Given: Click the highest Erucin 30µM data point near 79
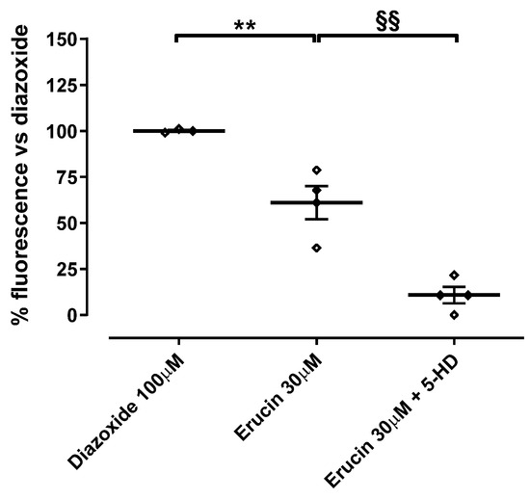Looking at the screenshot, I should pyautogui.click(x=316, y=170).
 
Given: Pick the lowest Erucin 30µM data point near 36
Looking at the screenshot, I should pyautogui.click(x=316, y=248).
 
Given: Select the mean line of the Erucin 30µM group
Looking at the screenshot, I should pyautogui.click(x=289, y=202).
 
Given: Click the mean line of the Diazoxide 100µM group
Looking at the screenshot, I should pyautogui.click(x=154, y=130).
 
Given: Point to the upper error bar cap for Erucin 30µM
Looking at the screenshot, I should pyautogui.click(x=316, y=186).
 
